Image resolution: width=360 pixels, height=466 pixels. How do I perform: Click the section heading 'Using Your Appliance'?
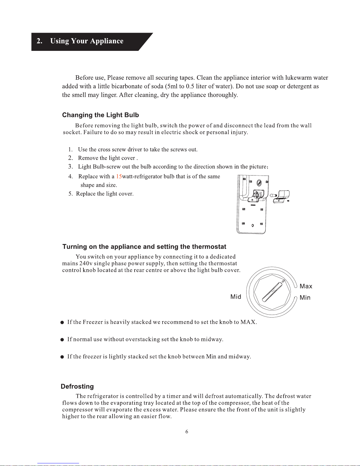(87, 41)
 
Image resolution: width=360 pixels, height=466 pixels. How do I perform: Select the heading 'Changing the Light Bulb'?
(101, 115)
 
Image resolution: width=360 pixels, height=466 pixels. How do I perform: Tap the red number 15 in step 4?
(119, 176)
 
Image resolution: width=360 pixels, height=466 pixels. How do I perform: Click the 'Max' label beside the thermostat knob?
(306, 286)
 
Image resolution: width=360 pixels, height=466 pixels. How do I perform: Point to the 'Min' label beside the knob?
(305, 298)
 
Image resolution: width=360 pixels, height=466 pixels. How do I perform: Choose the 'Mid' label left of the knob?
(236, 297)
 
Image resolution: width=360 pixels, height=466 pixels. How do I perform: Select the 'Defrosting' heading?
(77, 387)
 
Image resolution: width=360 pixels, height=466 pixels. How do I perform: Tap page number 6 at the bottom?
(187, 432)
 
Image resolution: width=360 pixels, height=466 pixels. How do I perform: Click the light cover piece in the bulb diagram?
(281, 196)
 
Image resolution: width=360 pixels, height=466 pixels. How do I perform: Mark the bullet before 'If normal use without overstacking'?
(62, 340)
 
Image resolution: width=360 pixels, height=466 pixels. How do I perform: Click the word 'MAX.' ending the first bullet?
(249, 322)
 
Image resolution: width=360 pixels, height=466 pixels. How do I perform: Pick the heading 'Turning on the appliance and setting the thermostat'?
(144, 247)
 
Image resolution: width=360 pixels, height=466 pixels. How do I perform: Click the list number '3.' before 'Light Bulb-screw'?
(71, 167)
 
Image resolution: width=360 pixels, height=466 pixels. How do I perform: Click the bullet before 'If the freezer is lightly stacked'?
(62, 357)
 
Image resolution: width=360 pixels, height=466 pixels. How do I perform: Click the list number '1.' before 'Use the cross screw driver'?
(71, 150)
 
